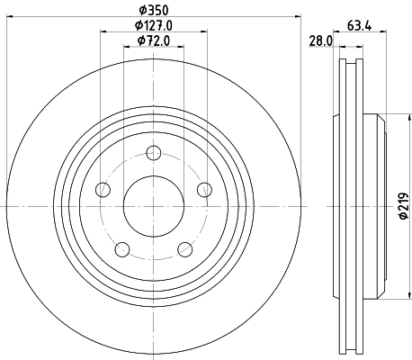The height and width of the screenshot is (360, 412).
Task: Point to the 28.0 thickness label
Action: point(321,40)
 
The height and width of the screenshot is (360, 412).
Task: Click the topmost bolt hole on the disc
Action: point(153,152)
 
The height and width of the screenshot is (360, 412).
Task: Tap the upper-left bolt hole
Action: point(103,189)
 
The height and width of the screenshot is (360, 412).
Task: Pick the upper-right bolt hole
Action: point(204,189)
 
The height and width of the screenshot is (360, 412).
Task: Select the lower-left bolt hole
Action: point(121,249)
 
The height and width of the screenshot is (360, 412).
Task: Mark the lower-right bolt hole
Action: point(184,249)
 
